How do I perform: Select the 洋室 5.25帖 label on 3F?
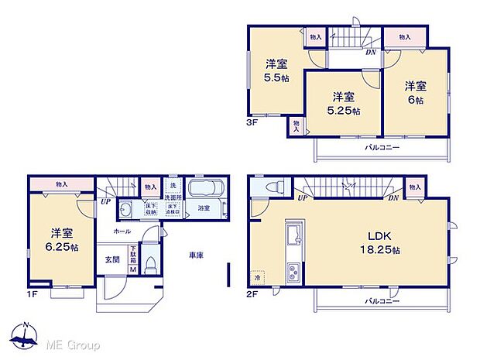pos(343,104)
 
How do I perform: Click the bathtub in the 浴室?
pos(205,191)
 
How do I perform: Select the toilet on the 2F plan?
pos(272,189)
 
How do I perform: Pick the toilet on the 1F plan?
pos(152,263)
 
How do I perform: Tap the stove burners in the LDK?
pos(295,272)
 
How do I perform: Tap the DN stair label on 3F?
pos(372,52)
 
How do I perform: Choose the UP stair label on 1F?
pos(103,203)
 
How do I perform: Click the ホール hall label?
pos(122,231)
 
